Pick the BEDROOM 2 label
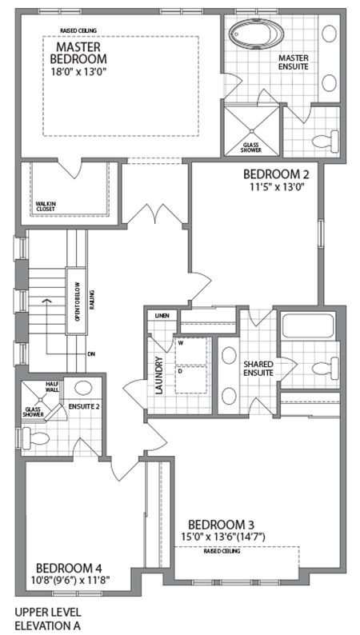point(275,174)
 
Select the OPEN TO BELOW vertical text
point(78,306)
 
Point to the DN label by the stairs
point(91,353)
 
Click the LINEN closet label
point(160,316)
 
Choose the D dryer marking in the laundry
point(181,370)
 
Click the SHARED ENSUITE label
point(259,369)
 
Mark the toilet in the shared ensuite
point(324,369)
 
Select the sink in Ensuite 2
point(83,389)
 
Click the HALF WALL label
point(53,389)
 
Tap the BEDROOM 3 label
point(221,524)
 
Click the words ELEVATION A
point(47,626)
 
